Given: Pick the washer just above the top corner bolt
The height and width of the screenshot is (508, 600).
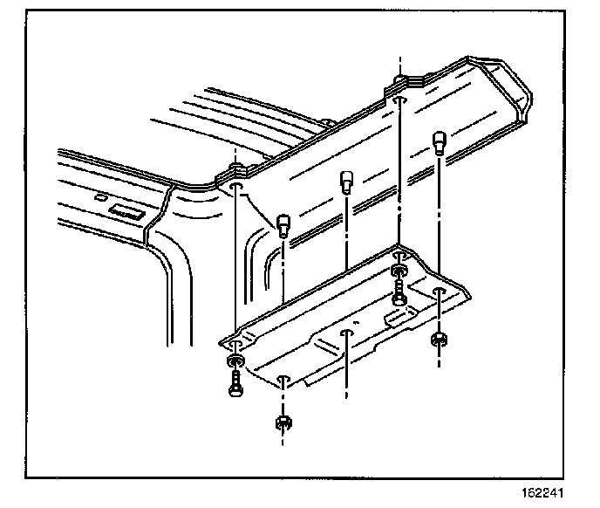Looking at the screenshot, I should (x=399, y=271).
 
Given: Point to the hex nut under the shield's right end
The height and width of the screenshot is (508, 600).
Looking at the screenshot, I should (x=439, y=338).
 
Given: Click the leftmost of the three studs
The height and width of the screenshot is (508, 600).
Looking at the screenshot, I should (x=283, y=225).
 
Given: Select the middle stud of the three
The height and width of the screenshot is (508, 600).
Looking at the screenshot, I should (x=347, y=182).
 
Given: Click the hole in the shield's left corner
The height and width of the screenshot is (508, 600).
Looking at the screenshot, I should (x=236, y=347).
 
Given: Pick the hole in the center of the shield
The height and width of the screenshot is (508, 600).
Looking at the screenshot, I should (x=347, y=333).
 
